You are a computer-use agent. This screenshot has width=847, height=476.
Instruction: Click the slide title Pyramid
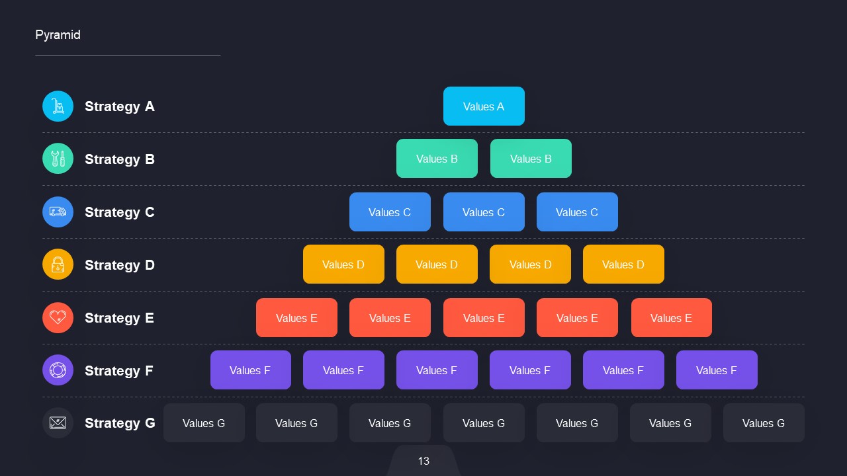[58, 35]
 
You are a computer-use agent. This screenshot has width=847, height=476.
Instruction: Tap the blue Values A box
[484, 106]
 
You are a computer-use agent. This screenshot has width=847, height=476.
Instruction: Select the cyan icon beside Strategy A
[58, 106]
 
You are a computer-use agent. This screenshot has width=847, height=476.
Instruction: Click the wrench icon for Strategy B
[58, 159]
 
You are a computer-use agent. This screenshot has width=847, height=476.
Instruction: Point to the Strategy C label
[119, 212]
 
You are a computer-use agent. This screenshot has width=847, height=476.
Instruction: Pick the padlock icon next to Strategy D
[58, 264]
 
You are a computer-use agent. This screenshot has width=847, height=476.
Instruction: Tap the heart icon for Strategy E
[58, 317]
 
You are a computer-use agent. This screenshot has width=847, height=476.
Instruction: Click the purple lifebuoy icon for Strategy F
[58, 370]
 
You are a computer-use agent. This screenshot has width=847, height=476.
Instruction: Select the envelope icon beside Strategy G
[58, 423]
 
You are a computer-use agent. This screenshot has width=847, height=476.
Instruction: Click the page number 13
[423, 461]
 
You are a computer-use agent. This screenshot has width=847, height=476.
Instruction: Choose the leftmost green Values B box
[437, 159]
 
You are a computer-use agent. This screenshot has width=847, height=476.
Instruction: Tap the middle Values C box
[484, 212]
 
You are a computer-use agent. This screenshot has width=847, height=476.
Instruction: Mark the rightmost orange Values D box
[623, 264]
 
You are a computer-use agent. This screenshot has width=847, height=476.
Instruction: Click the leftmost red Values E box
[296, 318]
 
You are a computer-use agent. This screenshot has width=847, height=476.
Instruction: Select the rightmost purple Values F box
[717, 370]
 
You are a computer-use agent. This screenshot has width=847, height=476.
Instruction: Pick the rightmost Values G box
[764, 423]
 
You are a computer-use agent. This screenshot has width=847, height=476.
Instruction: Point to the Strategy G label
[120, 423]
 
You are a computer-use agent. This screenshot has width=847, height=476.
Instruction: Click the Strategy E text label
[119, 318]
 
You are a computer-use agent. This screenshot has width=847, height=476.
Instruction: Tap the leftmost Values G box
[204, 423]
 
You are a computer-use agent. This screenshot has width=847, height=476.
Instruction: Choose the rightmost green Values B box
[531, 159]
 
